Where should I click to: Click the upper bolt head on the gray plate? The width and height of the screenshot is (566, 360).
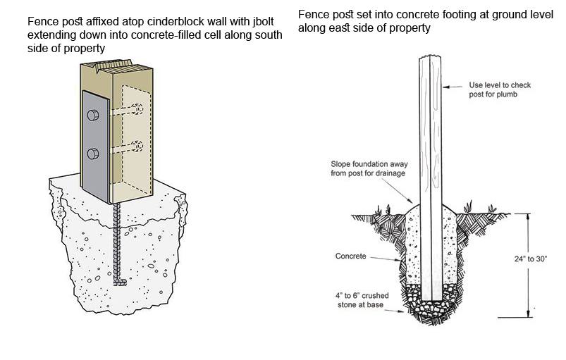[93, 115]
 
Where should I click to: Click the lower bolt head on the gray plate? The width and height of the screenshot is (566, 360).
[93, 154]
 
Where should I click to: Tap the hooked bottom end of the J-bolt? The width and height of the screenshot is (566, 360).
[121, 283]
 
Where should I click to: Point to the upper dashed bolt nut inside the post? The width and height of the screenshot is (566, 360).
[137, 108]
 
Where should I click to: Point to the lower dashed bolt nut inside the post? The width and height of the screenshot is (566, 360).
[137, 146]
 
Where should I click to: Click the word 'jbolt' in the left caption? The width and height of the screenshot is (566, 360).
[262, 22]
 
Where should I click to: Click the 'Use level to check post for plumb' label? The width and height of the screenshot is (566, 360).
[500, 89]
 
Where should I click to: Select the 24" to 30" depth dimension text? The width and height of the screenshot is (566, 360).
[531, 259]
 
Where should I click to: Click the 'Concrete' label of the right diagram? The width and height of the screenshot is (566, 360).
[350, 256]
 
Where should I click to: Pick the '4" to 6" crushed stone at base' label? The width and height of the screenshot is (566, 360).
[362, 300]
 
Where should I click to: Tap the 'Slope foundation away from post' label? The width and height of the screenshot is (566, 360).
[369, 168]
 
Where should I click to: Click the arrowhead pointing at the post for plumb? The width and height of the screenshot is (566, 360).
[445, 87]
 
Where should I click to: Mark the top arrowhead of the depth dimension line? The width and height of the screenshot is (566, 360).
[529, 216]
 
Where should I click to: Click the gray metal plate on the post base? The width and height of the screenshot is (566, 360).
[95, 147]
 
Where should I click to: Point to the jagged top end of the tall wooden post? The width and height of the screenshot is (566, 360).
[430, 57]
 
